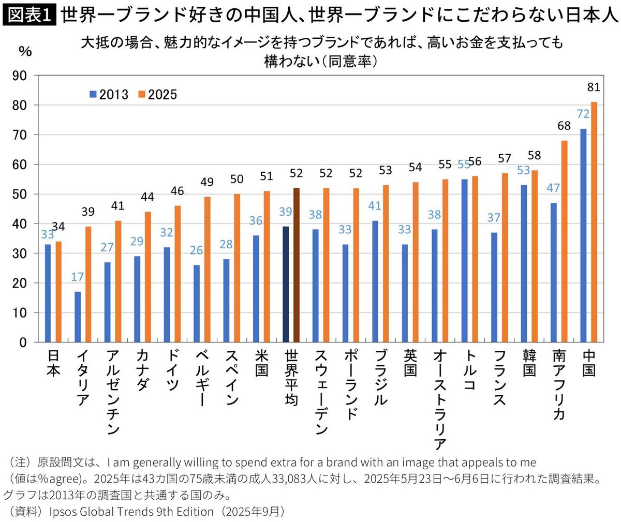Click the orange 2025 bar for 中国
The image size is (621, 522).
(594, 222)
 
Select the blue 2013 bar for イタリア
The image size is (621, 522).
(78, 317)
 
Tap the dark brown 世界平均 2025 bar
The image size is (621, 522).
(297, 265)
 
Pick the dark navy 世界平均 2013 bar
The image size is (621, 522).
(286, 284)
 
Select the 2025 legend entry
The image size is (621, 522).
(157, 95)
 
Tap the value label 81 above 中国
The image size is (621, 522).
(594, 88)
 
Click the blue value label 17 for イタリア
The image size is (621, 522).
(77, 277)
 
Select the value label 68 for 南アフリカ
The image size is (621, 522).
(564, 126)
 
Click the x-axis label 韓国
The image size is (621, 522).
(528, 364)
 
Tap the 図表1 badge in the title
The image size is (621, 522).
(29, 16)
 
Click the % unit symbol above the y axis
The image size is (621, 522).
(25, 51)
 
